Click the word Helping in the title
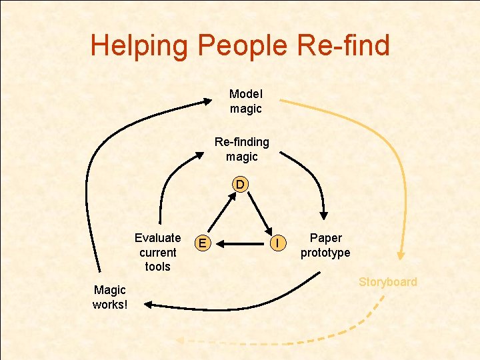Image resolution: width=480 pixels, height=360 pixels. (140, 45)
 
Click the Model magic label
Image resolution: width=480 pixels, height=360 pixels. (246, 101)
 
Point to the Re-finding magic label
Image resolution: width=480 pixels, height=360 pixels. (241, 149)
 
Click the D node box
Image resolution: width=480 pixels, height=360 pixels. (240, 184)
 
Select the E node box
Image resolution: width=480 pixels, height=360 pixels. (203, 244)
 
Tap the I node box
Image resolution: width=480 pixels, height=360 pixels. (277, 244)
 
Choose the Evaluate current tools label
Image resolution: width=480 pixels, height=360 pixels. (158, 252)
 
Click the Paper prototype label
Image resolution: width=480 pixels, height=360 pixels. (325, 245)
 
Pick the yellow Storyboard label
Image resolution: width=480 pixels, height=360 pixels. (388, 282)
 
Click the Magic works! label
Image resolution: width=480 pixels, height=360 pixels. (110, 297)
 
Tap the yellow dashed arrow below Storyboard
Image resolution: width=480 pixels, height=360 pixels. (280, 339)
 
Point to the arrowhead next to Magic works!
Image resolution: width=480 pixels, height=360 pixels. (148, 305)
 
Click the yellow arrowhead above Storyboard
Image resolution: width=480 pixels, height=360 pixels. (401, 254)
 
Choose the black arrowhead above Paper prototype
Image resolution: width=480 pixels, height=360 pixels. (325, 215)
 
